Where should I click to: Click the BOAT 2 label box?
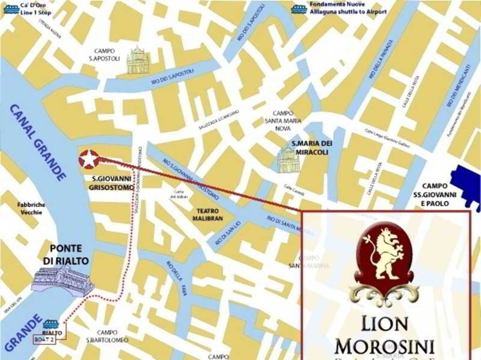(44, 340)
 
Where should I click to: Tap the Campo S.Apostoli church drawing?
(137, 61)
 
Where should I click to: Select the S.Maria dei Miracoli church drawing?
(289, 160)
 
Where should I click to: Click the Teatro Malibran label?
(208, 215)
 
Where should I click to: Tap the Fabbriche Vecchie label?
(31, 209)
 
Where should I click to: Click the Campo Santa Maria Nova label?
(283, 121)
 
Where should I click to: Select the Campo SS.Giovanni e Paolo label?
(435, 194)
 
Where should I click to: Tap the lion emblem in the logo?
(385, 256)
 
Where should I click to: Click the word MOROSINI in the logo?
(384, 346)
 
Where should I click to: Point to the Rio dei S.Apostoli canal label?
(172, 77)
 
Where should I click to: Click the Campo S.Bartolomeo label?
(107, 336)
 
